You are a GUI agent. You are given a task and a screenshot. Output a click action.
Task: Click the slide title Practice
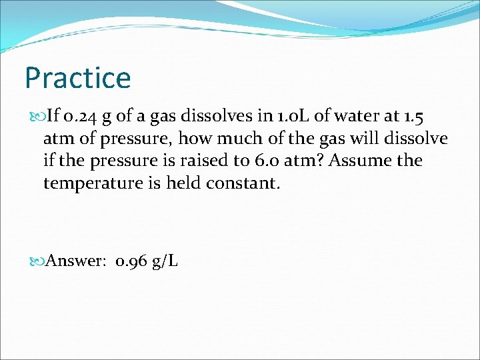pyautogui.click(x=77, y=78)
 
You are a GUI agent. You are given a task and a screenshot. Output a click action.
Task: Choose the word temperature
pyautogui.click(x=91, y=183)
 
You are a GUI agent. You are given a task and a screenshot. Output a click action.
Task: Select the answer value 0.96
pyautogui.click(x=131, y=261)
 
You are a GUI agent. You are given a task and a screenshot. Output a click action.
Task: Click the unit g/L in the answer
pyautogui.click(x=165, y=261)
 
